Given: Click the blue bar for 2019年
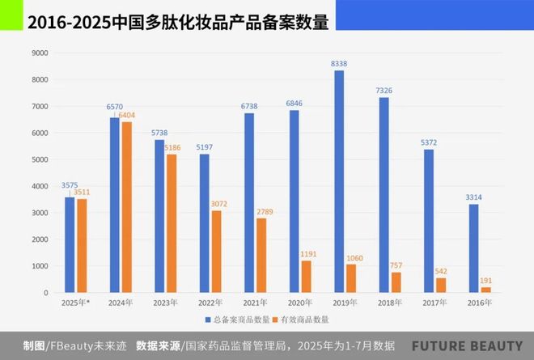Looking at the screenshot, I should click(x=338, y=181).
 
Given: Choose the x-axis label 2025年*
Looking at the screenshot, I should click(x=74, y=302).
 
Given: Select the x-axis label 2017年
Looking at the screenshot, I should click(x=434, y=302).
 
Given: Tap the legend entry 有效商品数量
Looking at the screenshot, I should click(x=307, y=320).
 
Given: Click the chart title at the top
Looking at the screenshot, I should click(x=179, y=23).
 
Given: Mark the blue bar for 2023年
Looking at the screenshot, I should click(x=159, y=216).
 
